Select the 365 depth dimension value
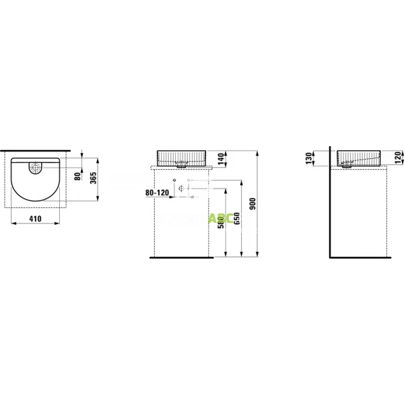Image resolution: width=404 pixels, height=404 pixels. coord(94,178)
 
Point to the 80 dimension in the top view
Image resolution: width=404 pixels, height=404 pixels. coord(77,176)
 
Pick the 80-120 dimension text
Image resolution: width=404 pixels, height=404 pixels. coord(158,193)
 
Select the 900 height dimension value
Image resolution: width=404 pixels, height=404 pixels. coord(252,204)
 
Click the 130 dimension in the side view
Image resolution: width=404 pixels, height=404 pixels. coord(309,158)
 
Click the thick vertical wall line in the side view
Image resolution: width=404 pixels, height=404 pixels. coord(330,202)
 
